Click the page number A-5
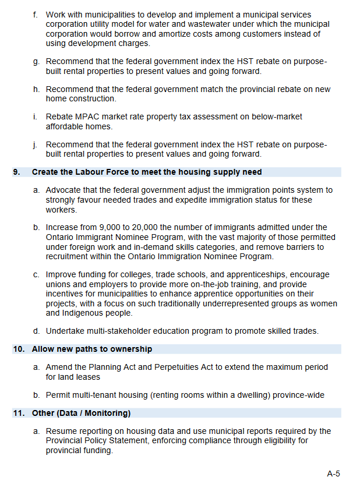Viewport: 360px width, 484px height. tap(333, 474)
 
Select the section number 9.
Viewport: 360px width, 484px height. tap(16, 172)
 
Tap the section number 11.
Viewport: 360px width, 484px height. tap(18, 414)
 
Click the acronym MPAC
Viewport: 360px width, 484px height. tap(86, 117)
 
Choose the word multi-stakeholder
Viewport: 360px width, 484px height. tap(118, 331)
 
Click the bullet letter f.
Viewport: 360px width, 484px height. tap(36, 15)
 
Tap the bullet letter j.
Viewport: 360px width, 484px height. tap(36, 144)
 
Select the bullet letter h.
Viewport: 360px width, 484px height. tap(36, 89)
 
